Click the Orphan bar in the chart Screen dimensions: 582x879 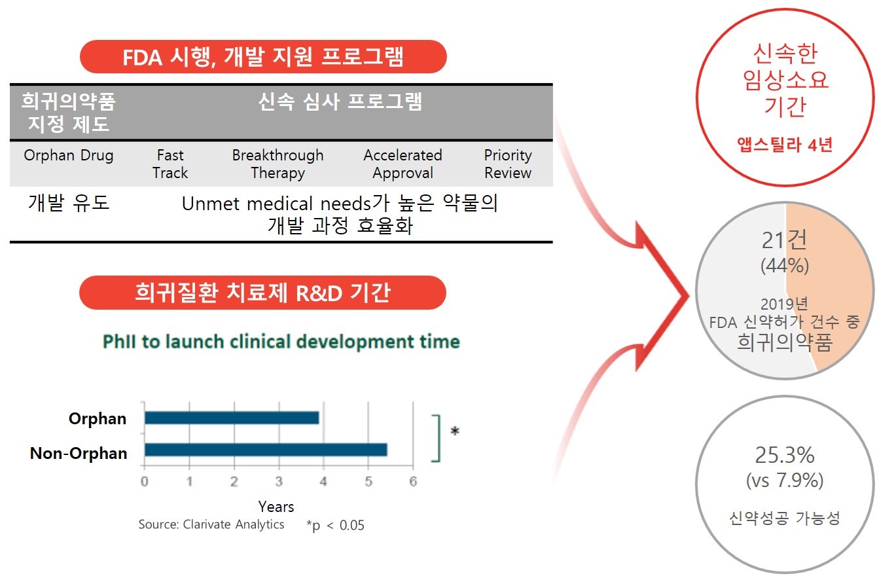pyautogui.click(x=232, y=418)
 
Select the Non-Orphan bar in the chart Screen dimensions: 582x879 pyautogui.click(x=266, y=450)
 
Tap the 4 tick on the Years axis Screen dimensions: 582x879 pyautogui.click(x=323, y=482)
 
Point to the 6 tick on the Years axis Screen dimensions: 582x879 pyautogui.click(x=412, y=482)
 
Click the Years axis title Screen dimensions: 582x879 pyautogui.click(x=276, y=506)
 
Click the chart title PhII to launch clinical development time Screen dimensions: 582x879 pyautogui.click(x=281, y=342)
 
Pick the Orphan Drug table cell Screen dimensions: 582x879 pyautogui.click(x=69, y=156)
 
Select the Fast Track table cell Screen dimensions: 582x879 pyautogui.click(x=170, y=164)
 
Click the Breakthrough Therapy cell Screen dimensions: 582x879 pyautogui.click(x=278, y=164)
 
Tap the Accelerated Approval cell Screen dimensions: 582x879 pyautogui.click(x=403, y=164)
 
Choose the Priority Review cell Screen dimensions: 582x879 pyautogui.click(x=508, y=164)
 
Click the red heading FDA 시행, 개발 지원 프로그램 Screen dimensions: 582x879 pyautogui.click(x=263, y=57)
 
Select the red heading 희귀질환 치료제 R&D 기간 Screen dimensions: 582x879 pyautogui.click(x=262, y=293)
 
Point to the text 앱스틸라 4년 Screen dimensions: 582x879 pyautogui.click(x=785, y=144)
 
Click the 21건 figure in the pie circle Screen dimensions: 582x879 pyautogui.click(x=785, y=240)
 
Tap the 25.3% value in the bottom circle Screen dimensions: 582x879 pyautogui.click(x=785, y=454)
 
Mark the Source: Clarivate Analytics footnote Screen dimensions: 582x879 pyautogui.click(x=211, y=524)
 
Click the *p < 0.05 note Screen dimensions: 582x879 pyautogui.click(x=335, y=525)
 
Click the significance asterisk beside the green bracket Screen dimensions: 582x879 pyautogui.click(x=455, y=431)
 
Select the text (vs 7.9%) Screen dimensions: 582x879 pyautogui.click(x=785, y=481)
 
